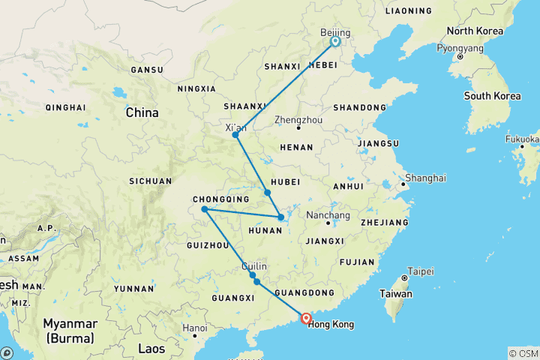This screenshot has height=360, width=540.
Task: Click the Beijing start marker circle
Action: pos(335,42)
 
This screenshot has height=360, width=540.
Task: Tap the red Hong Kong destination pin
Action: pos(306,318)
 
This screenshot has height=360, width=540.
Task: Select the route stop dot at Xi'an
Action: pos(235,135)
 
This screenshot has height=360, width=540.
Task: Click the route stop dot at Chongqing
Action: pos(204,209)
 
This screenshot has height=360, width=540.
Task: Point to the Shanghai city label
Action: pos(425,178)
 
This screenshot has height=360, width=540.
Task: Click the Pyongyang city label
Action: pos(460,48)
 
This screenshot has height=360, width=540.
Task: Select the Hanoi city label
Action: pos(194,328)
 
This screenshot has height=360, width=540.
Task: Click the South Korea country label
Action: pos(492,96)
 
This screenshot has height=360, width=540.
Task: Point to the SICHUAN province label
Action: pos(150,181)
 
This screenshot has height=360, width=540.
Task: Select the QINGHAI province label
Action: pos(66,107)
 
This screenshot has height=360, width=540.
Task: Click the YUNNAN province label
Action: pos(134,288)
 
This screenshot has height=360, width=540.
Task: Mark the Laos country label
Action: pos(152,348)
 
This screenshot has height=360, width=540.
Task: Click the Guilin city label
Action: pos(253,266)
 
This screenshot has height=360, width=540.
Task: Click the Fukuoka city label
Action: pos(522,139)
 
